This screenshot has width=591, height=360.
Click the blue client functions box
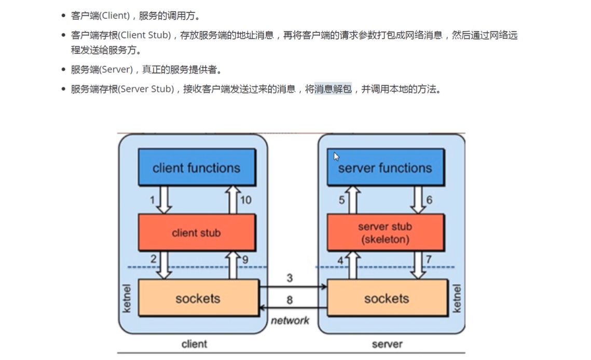[x=197, y=168]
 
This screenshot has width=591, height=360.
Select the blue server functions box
[x=385, y=168]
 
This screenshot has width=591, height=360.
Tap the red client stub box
[x=197, y=233]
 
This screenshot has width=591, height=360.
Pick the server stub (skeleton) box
[x=385, y=233]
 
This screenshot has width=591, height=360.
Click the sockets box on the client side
[x=198, y=298]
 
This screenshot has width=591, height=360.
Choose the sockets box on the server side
[x=387, y=298]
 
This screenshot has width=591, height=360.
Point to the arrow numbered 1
[x=164, y=200]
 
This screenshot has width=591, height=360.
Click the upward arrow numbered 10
[x=232, y=200]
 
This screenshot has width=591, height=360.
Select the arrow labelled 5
[x=353, y=200]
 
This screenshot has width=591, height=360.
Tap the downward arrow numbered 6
[x=418, y=200]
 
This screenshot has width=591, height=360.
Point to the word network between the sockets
[x=290, y=321]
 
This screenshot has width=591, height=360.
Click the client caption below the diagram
[x=194, y=344]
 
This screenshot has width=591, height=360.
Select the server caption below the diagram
[x=387, y=344]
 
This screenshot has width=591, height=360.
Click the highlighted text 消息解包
[x=334, y=89]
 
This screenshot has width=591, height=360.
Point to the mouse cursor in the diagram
[x=336, y=156]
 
